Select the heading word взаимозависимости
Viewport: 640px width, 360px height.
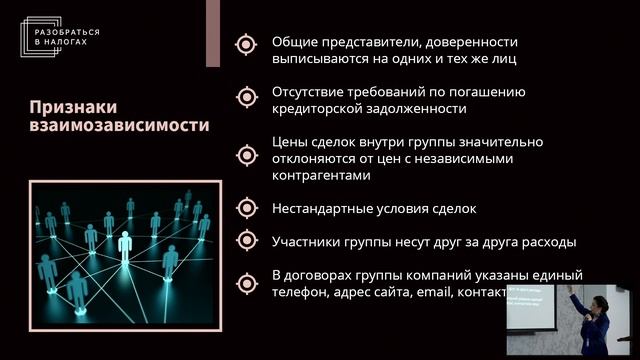(x=119, y=126)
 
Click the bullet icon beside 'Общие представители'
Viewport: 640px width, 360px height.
(x=245, y=43)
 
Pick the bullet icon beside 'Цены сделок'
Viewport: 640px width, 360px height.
(x=245, y=155)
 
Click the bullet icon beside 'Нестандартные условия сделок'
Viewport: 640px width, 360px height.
(x=245, y=208)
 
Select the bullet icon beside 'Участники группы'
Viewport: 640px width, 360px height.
(x=245, y=240)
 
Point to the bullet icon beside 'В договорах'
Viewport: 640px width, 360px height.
(x=245, y=282)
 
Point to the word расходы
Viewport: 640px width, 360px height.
(x=549, y=241)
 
